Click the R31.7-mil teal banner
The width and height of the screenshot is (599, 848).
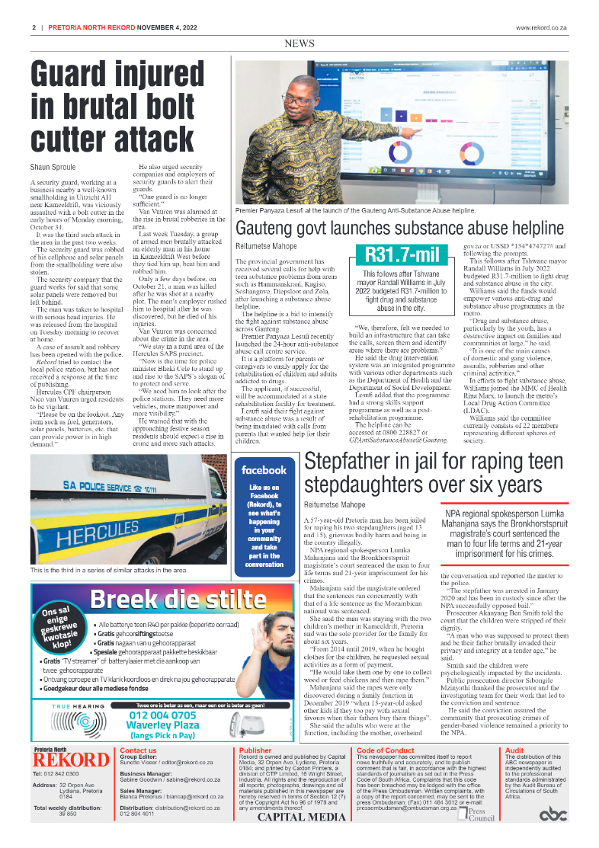(x=392, y=254)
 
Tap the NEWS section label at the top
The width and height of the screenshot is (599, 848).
(x=299, y=45)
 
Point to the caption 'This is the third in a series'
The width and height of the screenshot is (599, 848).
(x=109, y=569)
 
